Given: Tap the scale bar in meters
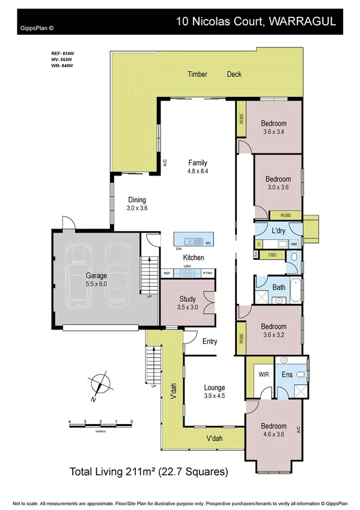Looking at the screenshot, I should coord(100,426).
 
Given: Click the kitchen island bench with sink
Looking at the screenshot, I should coord(194,241).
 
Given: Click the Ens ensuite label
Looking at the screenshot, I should coord(288,373).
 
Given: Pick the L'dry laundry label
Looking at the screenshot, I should coord(278,231).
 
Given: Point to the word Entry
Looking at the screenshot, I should coord(209,342).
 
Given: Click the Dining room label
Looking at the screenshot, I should coord(136,200).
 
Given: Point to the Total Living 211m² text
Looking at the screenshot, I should coord(149,472).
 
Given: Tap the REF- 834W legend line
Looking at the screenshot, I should coord(62,54).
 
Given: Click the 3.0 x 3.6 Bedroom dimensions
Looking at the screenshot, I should coord(278,187).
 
